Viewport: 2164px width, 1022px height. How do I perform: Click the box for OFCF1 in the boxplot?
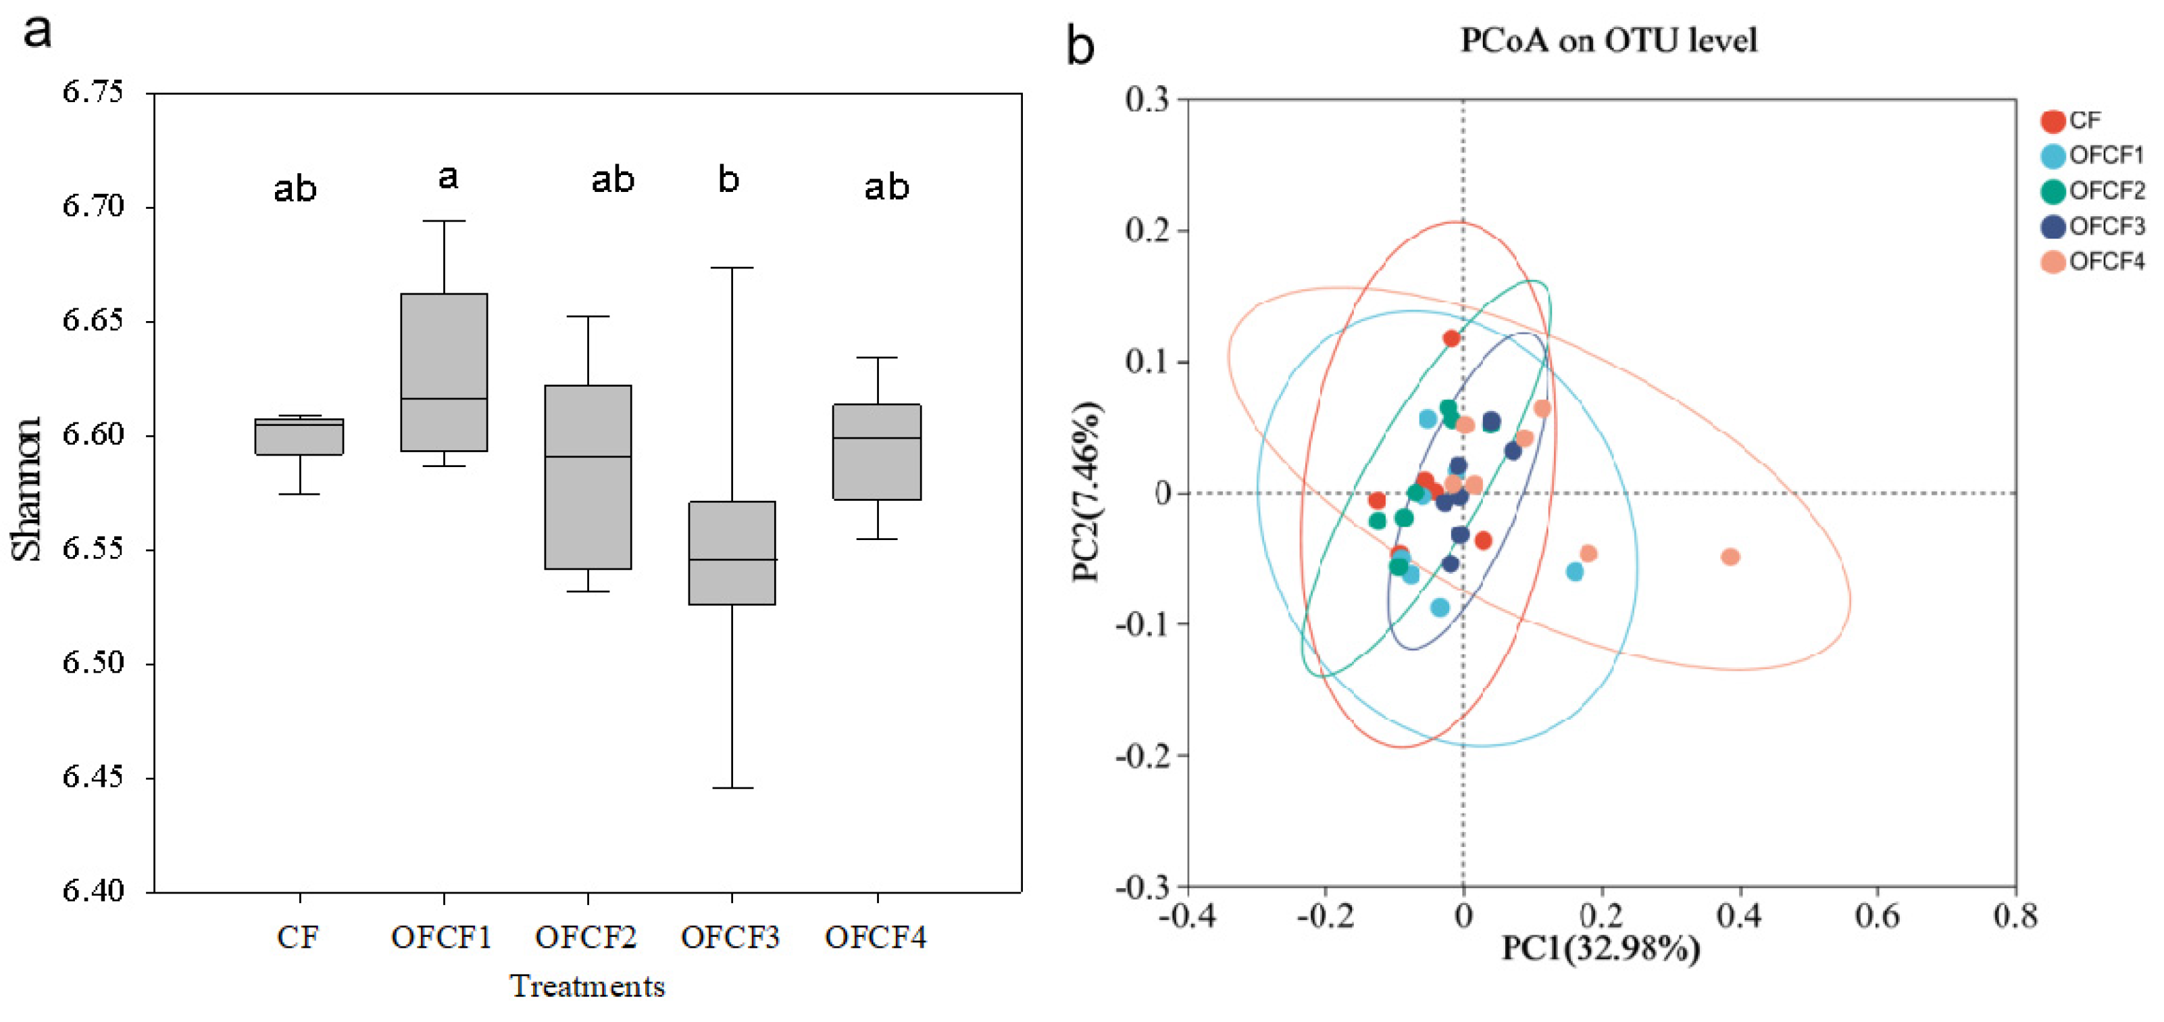(444, 372)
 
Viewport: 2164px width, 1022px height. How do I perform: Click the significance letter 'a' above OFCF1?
(448, 177)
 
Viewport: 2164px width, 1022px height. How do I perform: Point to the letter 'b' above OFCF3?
(728, 178)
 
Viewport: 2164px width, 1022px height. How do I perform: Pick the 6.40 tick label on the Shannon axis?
(93, 890)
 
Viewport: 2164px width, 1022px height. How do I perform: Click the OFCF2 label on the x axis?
(586, 937)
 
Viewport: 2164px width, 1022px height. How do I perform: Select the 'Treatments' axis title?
(587, 987)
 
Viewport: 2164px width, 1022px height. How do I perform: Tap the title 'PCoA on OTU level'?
(1608, 41)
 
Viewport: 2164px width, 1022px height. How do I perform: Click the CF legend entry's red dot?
(2053, 121)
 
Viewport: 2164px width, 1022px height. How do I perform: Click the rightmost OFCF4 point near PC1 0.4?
(1730, 556)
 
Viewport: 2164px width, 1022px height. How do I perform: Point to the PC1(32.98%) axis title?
(1601, 949)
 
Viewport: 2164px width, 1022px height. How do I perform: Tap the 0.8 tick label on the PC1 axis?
(2015, 915)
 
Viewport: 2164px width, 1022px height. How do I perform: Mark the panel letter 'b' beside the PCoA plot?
(1080, 45)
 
